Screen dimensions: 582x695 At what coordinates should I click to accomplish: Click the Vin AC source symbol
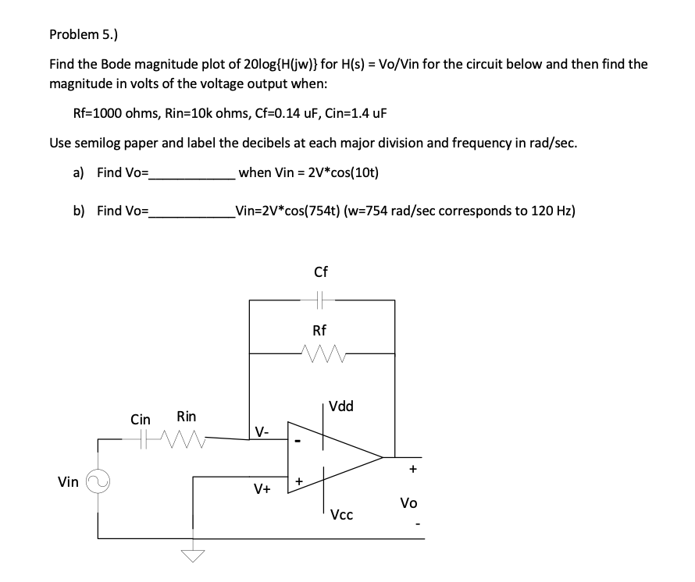tap(98, 482)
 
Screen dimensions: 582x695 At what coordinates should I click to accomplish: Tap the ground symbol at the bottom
tap(193, 555)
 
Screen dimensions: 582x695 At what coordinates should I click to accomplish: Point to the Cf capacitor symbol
tap(320, 297)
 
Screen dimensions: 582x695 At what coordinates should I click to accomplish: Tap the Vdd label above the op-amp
tap(341, 406)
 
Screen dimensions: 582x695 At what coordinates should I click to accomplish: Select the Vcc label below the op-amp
tap(341, 515)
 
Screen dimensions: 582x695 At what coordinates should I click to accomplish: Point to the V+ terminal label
tap(262, 490)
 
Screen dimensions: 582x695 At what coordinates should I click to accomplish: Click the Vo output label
tap(409, 502)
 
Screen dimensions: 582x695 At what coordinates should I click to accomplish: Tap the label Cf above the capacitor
tap(320, 272)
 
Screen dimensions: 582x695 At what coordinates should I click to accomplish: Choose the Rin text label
tap(187, 417)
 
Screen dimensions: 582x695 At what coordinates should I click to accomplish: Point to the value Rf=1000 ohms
tap(113, 113)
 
